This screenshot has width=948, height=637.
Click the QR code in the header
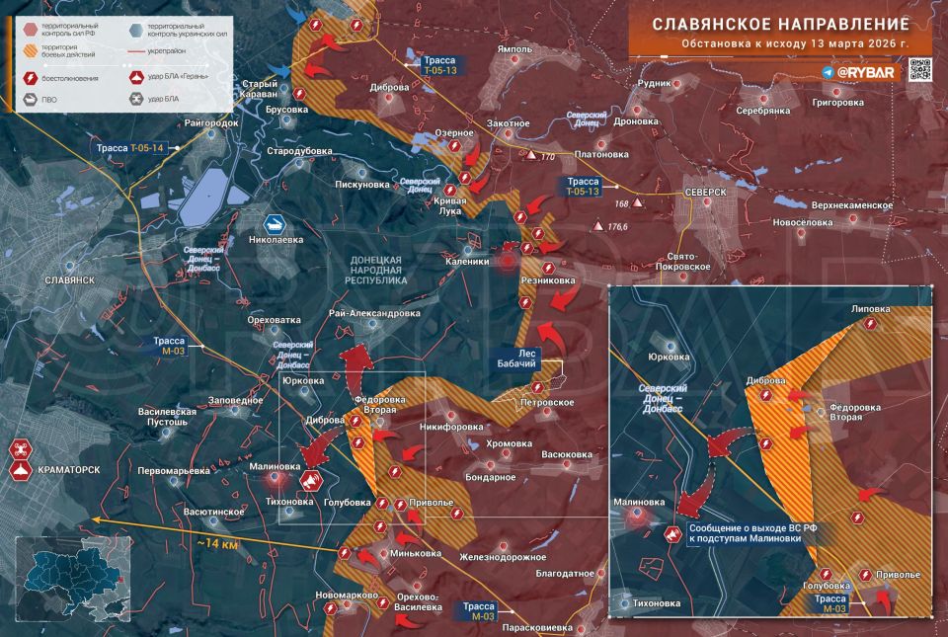tap(920, 68)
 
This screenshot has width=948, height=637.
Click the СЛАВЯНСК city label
tap(70, 280)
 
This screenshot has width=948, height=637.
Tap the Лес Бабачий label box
tap(521, 358)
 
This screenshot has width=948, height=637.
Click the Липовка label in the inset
tap(870, 309)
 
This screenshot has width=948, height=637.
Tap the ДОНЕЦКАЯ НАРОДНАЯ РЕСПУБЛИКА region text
tap(377, 269)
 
